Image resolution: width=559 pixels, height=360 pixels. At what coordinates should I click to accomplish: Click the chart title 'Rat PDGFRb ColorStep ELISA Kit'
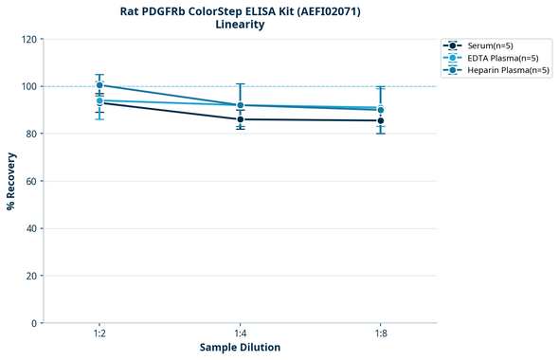pyautogui.click(x=240, y=10)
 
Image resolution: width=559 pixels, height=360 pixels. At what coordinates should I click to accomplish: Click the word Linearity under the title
pyautogui.click(x=240, y=25)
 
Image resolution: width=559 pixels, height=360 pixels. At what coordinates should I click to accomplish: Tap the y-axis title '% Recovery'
pyautogui.click(x=11, y=180)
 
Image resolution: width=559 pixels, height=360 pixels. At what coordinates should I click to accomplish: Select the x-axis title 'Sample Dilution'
pyautogui.click(x=240, y=348)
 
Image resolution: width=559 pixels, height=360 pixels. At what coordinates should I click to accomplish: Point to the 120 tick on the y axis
pyautogui.click(x=29, y=39)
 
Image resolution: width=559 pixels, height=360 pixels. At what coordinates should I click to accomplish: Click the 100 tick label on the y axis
pyautogui.click(x=29, y=86)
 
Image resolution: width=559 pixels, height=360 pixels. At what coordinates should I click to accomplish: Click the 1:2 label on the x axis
pyautogui.click(x=99, y=333)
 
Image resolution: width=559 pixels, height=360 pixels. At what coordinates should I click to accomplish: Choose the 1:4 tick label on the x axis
pyautogui.click(x=240, y=333)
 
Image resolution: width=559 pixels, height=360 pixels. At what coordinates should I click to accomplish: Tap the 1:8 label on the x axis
pyautogui.click(x=381, y=333)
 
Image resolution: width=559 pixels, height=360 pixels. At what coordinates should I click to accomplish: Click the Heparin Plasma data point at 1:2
pyautogui.click(x=99, y=85)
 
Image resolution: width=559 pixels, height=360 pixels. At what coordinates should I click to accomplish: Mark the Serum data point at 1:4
pyautogui.click(x=240, y=119)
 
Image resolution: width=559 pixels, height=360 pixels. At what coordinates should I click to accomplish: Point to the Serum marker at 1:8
pyautogui.click(x=381, y=120)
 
